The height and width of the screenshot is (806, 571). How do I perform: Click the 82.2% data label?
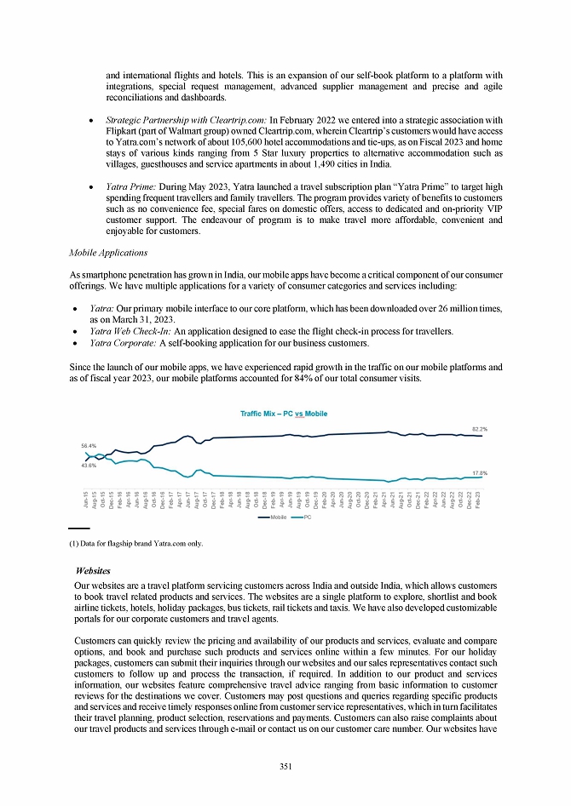tap(480, 430)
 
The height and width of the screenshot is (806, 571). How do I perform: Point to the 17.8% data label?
tap(480, 472)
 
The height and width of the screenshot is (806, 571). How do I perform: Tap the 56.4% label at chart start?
tap(89, 445)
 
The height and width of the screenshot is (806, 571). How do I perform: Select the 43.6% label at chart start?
tap(89, 465)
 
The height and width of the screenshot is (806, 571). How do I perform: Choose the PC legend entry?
tap(303, 517)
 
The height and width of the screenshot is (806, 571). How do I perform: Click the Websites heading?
tap(93, 570)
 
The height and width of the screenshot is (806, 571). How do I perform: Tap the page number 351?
tap(285, 766)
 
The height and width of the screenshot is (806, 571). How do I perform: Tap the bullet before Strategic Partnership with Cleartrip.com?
tap(91, 119)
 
